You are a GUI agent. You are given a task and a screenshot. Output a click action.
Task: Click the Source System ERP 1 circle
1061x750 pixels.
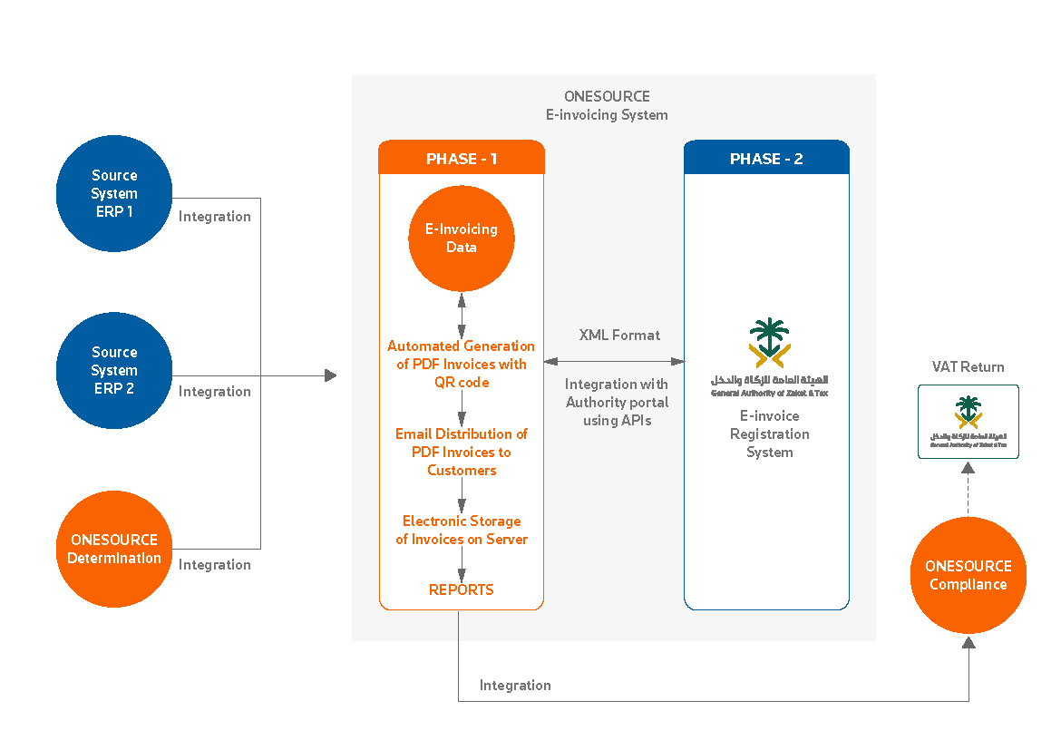[114, 193]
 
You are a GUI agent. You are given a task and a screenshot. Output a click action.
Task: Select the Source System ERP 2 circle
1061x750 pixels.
[114, 370]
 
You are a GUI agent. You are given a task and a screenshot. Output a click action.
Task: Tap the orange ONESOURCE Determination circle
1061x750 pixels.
[114, 549]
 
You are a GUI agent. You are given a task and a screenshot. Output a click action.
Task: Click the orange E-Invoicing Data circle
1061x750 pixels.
[462, 238]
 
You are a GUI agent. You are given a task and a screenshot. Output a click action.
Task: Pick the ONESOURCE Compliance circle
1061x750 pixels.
[968, 575]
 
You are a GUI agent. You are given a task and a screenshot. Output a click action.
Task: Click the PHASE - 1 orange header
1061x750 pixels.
[462, 159]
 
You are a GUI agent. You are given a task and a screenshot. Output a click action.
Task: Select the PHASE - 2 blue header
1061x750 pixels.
[766, 159]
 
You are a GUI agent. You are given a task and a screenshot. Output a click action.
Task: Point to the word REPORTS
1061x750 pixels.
[462, 589]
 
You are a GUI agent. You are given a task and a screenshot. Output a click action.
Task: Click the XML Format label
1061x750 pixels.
[619, 335]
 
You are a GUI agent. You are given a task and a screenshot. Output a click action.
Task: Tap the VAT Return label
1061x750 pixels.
[968, 367]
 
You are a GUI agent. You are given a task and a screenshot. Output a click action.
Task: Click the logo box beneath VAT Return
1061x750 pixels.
[968, 422]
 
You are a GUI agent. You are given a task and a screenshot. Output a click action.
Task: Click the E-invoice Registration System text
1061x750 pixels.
[769, 433]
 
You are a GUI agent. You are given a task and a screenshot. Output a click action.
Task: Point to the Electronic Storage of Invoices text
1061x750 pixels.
[462, 530]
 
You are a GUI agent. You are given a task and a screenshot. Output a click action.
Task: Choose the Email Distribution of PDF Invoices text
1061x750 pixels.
[462, 452]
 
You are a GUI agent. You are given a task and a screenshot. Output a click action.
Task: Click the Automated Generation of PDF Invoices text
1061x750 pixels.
[462, 364]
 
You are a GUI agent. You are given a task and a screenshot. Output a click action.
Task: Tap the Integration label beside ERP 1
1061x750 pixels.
[215, 217]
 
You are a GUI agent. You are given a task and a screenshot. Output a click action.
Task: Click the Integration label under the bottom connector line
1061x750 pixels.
[515, 686]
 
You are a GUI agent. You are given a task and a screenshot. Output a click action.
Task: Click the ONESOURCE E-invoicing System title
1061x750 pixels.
[607, 105]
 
